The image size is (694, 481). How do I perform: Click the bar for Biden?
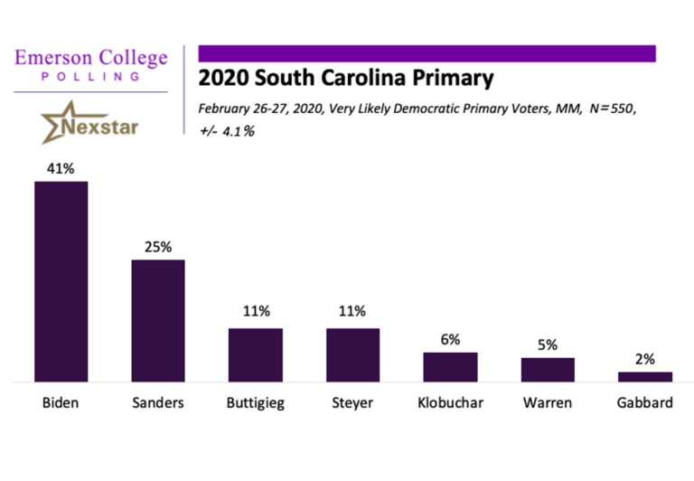click(x=61, y=282)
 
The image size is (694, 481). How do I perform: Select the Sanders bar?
click(x=158, y=321)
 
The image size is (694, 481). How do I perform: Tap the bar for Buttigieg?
click(x=256, y=355)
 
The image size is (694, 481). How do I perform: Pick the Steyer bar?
click(x=352, y=355)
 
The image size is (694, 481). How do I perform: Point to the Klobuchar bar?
click(x=450, y=367)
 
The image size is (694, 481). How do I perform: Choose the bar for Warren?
click(x=548, y=370)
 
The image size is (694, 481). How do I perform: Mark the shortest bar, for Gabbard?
click(x=645, y=377)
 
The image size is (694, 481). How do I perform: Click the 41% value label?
click(x=61, y=168)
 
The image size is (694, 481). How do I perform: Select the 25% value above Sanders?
click(x=158, y=246)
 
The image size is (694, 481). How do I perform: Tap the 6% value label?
click(x=450, y=339)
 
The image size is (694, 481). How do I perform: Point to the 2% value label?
click(x=645, y=358)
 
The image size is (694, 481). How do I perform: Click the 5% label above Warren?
click(x=548, y=344)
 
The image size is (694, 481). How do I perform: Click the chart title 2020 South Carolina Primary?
click(x=345, y=79)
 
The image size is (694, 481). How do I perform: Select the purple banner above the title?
click(x=427, y=53)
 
